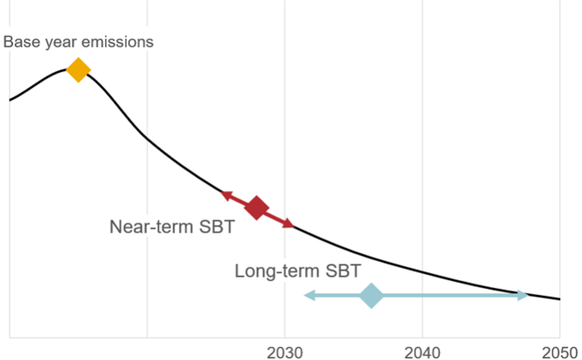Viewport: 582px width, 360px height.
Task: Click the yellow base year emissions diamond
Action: click(78, 70)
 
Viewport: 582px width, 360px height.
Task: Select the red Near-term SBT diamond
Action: click(256, 207)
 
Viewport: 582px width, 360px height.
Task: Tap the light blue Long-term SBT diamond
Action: click(371, 296)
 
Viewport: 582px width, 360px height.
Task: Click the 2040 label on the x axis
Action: click(422, 350)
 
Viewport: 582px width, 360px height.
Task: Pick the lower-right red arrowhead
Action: click(288, 224)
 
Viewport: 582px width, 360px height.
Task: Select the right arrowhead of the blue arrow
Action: click(522, 296)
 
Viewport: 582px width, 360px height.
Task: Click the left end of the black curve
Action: click(10, 101)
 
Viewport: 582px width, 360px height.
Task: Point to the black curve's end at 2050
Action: click(559, 299)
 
